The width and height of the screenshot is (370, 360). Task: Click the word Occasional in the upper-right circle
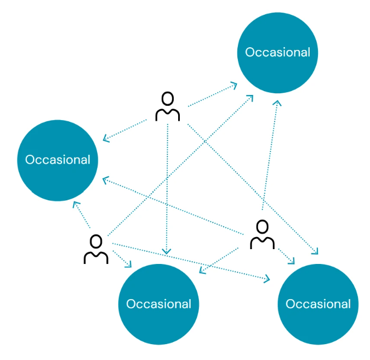(277, 52)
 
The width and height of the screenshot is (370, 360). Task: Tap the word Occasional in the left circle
(58, 160)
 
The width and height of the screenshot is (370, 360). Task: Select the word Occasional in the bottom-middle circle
(158, 303)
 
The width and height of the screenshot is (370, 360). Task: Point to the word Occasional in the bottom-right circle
(318, 303)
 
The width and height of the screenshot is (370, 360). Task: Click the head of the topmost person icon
(168, 99)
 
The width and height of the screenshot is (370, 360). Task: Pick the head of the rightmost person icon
(263, 226)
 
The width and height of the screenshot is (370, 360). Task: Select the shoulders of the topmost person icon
(168, 114)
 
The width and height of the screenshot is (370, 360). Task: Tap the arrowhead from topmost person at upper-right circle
(235, 85)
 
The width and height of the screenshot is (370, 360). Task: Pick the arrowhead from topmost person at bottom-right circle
(315, 252)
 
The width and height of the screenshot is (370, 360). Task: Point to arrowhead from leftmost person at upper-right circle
(251, 97)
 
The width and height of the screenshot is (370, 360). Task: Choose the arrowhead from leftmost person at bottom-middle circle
(129, 266)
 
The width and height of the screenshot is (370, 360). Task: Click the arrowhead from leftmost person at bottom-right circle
(267, 280)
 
